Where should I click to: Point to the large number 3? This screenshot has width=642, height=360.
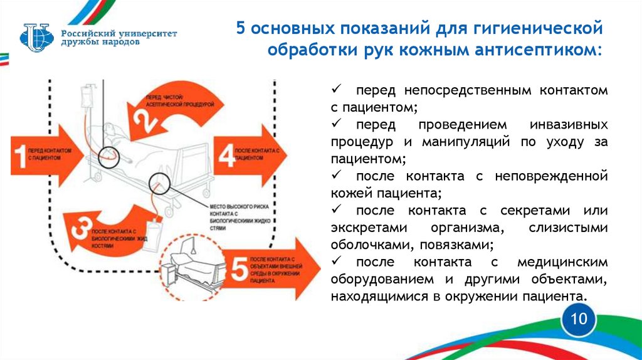click(x=80, y=230)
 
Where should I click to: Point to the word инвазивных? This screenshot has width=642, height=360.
click(x=567, y=125)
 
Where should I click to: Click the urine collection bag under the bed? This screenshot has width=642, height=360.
click(x=154, y=231)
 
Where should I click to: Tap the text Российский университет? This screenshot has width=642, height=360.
click(x=119, y=33)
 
